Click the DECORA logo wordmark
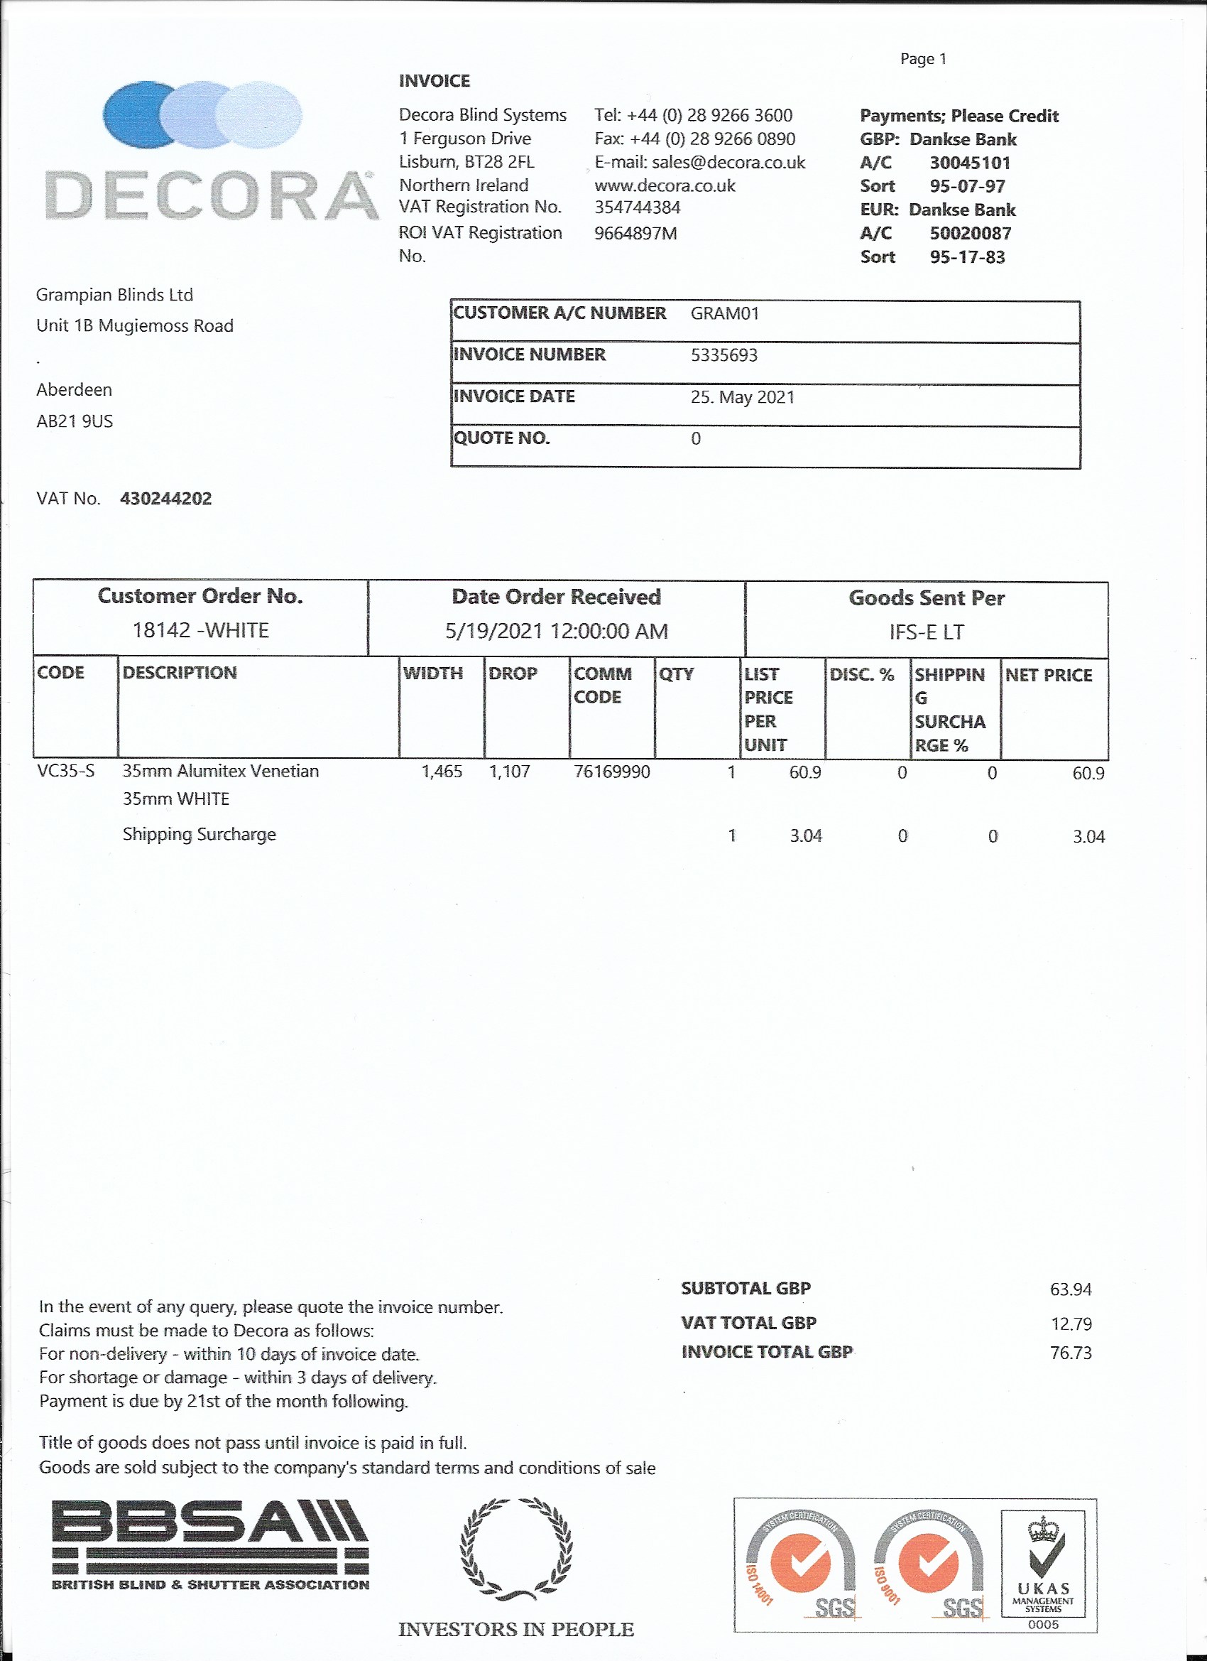(211, 195)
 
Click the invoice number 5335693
(723, 355)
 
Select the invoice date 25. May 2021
(742, 397)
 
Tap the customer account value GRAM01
(725, 313)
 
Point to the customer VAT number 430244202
(166, 499)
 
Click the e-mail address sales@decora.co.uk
(728, 162)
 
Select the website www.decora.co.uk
(665, 185)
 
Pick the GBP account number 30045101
(970, 163)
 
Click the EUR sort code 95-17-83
(967, 257)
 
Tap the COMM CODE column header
(601, 685)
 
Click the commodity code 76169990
(611, 772)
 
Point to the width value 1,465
(442, 772)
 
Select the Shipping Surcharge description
(199, 834)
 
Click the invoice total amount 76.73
(1070, 1353)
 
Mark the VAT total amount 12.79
(1071, 1324)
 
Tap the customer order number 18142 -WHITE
(200, 631)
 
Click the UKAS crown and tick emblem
(1044, 1548)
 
